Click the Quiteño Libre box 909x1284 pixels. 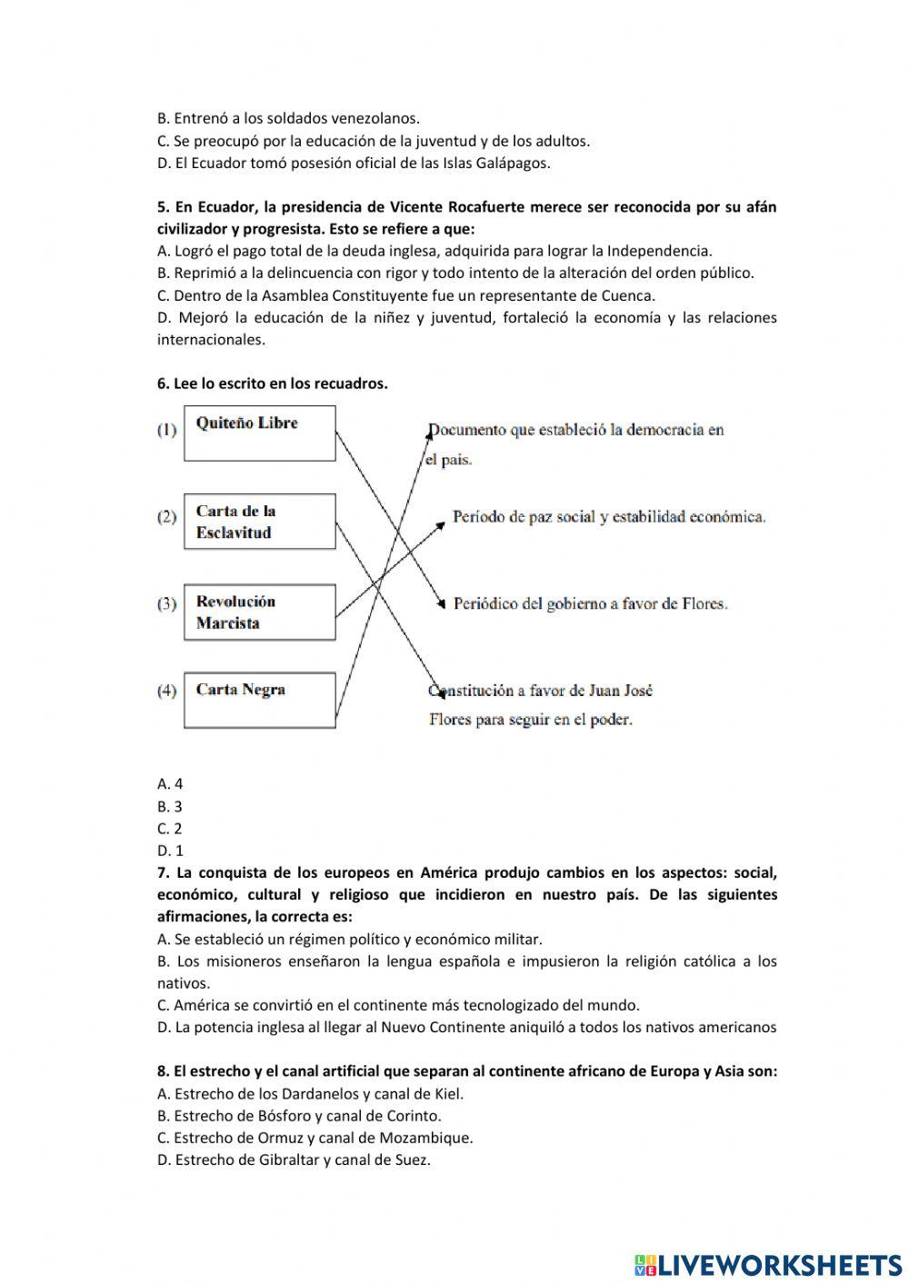click(259, 433)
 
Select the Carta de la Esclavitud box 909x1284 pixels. click(259, 522)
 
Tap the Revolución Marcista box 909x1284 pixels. click(259, 612)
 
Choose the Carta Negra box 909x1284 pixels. click(259, 700)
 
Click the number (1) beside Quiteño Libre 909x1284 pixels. click(167, 430)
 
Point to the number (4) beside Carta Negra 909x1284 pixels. click(167, 691)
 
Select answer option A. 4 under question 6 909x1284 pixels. click(170, 783)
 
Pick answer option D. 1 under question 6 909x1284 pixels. click(170, 851)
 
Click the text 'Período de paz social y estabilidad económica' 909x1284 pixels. click(609, 516)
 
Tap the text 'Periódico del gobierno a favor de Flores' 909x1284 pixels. click(591, 602)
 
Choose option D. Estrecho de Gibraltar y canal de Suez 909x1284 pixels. click(294, 1160)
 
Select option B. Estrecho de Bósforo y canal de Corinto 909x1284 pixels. click(299, 1115)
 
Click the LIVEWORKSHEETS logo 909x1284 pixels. click(768, 1263)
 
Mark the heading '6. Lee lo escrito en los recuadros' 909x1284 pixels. click(273, 383)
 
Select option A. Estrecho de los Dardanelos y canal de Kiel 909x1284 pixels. click(310, 1093)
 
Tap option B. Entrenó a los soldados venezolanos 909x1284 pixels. click(288, 118)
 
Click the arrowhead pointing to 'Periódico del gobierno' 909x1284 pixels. click(443, 602)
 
